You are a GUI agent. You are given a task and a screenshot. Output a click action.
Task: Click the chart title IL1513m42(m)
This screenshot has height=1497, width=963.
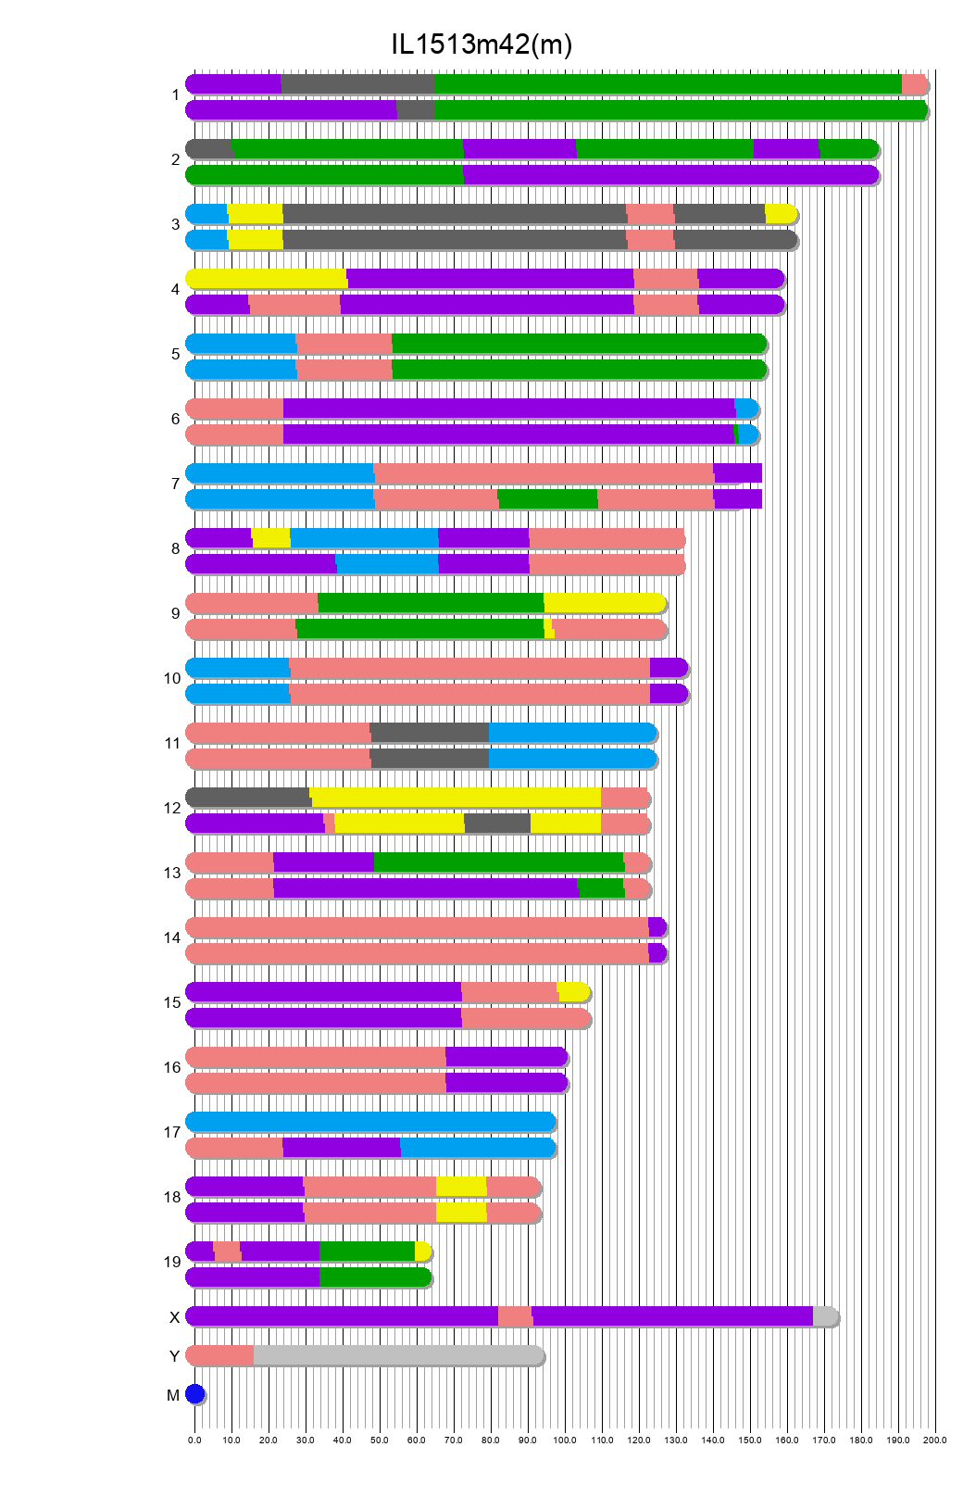coord(481,44)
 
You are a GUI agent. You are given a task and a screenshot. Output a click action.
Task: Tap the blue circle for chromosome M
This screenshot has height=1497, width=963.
coord(194,1394)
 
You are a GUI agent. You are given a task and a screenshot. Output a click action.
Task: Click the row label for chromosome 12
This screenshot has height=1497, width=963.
coord(172,809)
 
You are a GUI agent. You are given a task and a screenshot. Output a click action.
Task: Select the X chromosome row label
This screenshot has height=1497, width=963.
coord(174,1317)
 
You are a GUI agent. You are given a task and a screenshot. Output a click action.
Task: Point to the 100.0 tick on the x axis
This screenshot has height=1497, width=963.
coord(565,1440)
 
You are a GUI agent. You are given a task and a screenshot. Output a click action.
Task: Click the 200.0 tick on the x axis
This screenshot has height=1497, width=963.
coord(935,1440)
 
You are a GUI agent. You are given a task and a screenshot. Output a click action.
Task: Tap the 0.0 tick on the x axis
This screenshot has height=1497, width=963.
coord(194,1440)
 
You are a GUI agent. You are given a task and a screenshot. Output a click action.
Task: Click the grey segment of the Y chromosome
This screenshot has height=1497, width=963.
coord(398,1355)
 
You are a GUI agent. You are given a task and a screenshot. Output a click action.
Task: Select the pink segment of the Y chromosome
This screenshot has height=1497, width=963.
coord(220,1355)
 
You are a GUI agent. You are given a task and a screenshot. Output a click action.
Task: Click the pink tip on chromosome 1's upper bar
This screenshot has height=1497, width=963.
coord(914,84)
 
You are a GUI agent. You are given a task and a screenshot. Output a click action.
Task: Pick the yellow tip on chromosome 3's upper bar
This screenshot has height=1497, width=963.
coord(781,214)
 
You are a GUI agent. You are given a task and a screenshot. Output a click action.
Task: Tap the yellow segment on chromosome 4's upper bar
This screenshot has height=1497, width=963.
coord(267,279)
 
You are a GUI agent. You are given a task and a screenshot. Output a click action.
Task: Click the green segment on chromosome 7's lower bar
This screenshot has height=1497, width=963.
coord(548,499)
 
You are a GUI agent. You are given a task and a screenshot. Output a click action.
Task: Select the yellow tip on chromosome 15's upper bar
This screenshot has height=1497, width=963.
coord(573,992)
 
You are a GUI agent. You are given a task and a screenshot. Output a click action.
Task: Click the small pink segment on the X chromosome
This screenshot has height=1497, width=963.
coord(515,1316)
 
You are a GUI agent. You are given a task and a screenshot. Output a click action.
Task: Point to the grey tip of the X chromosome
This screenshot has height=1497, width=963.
coord(825,1316)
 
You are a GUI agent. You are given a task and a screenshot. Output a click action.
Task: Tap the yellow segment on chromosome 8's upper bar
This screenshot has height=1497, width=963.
coord(271,538)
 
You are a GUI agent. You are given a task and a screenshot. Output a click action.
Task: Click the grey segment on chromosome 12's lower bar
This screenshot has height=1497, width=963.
coord(497,824)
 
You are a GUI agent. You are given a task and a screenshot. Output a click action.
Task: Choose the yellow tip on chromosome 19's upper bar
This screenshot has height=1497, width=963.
coord(422,1252)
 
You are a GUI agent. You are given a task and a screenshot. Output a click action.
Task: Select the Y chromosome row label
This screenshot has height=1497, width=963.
coord(174,1356)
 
